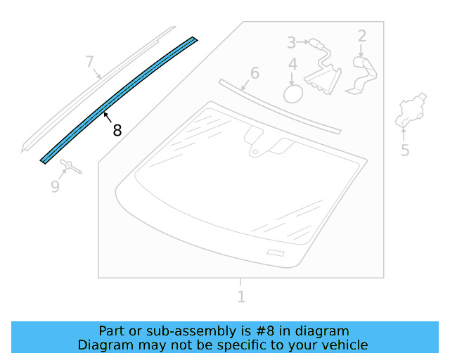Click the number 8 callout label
[x=117, y=130]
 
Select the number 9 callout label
[x=55, y=186]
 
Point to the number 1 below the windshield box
[x=241, y=297]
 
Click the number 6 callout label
[x=255, y=73]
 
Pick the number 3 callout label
[x=291, y=43]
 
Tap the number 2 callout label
[x=362, y=36]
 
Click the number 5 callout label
[x=405, y=150]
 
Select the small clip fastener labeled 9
[x=71, y=166]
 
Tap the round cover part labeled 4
[x=292, y=93]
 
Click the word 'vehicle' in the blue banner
[x=344, y=345]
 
